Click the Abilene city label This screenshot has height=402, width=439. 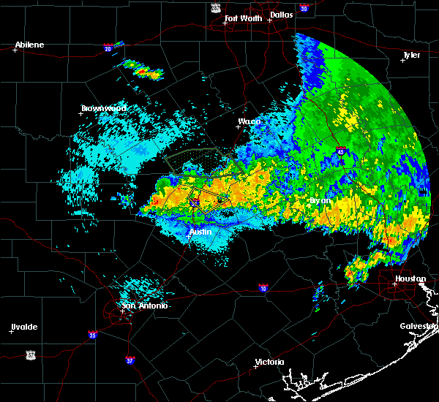(29, 45)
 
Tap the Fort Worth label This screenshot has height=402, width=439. (242, 18)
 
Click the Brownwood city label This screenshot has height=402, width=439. (103, 108)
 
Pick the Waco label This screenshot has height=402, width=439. (249, 121)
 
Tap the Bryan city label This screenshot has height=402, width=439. (320, 200)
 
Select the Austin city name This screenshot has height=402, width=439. (200, 232)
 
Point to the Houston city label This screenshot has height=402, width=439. (410, 278)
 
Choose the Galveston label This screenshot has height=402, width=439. (419, 326)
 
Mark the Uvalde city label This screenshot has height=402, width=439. (24, 327)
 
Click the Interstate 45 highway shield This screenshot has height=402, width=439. (341, 151)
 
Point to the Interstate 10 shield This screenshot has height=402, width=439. (263, 287)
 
